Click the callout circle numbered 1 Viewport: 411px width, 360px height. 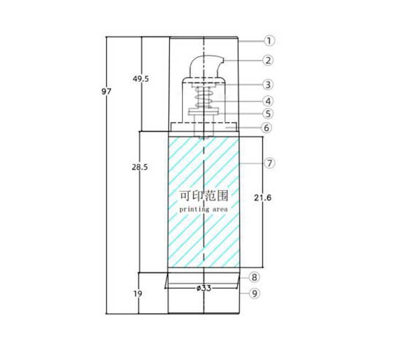click(x=269, y=41)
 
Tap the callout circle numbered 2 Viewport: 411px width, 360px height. click(x=268, y=60)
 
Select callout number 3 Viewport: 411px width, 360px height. click(x=268, y=85)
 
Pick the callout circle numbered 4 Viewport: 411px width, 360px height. click(x=268, y=101)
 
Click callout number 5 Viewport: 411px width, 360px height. click(x=268, y=114)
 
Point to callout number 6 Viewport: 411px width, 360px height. click(x=267, y=128)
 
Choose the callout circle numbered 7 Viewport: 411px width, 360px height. click(x=270, y=163)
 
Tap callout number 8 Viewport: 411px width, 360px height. click(x=254, y=277)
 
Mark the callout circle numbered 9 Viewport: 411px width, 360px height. click(x=254, y=293)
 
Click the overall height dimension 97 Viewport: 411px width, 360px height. click(x=106, y=92)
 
